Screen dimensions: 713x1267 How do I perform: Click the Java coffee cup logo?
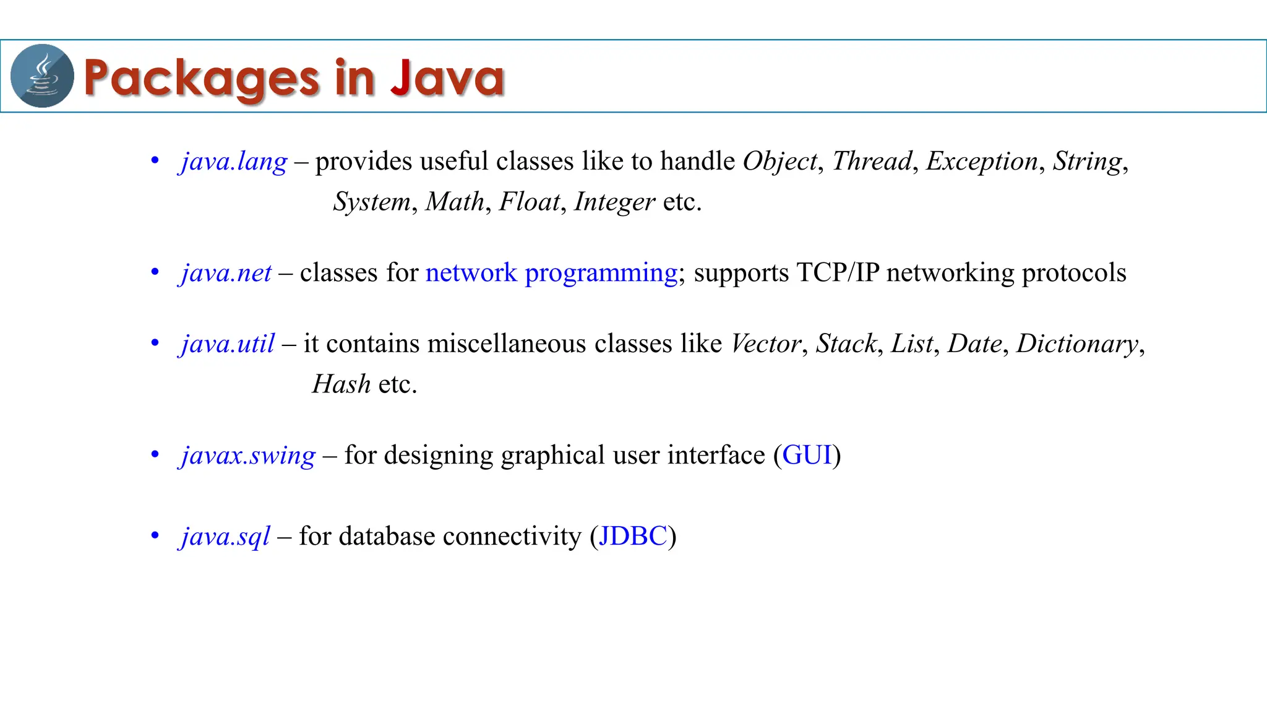click(42, 76)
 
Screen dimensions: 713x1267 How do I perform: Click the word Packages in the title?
click(201, 79)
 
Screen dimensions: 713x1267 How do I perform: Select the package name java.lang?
click(234, 162)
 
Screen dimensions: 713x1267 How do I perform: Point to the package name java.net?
click(226, 273)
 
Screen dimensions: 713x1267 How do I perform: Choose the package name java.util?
click(228, 344)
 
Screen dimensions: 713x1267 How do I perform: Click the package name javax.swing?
click(247, 456)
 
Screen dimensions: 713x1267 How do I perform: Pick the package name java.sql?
click(225, 537)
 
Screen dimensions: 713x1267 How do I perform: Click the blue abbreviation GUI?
click(807, 456)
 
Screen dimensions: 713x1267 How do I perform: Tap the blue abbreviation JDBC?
click(633, 536)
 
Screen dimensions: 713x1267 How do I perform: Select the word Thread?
click(872, 162)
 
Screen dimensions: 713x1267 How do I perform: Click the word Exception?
click(982, 162)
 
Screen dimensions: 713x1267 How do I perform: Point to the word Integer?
click(614, 202)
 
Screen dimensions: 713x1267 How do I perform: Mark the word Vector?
click(766, 344)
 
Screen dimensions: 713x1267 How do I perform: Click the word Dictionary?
click(1077, 344)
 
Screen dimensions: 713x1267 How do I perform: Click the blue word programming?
click(601, 274)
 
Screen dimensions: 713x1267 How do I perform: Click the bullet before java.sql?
click(155, 535)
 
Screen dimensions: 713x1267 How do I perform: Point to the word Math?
click(455, 202)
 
